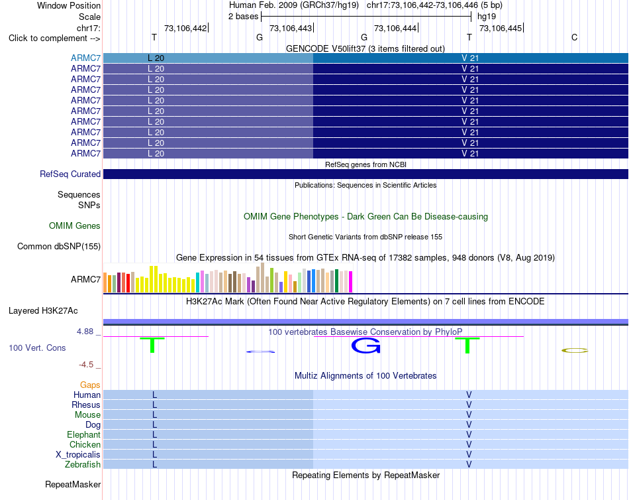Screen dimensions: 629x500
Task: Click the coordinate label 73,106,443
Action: click(x=291, y=28)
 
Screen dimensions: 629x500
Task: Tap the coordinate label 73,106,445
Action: click(x=501, y=28)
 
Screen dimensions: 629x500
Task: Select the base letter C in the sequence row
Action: click(x=575, y=37)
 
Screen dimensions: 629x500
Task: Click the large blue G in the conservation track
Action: click(x=366, y=345)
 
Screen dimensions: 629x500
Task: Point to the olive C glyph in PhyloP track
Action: click(x=575, y=351)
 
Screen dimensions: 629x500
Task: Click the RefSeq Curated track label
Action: click(x=70, y=174)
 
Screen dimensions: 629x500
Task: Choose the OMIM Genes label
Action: click(x=75, y=226)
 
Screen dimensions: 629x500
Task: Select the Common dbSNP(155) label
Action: click(x=59, y=247)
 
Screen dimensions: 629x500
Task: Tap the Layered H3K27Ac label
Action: click(x=43, y=311)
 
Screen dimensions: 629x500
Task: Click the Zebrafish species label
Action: click(x=83, y=465)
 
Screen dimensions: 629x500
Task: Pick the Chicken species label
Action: click(x=85, y=444)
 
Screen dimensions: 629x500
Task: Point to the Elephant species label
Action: click(x=84, y=435)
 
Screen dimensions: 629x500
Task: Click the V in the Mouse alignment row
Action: click(x=469, y=415)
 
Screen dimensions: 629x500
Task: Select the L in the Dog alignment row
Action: click(x=154, y=425)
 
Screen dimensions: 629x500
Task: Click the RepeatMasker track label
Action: click(x=73, y=485)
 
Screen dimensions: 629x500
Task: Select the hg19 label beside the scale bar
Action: click(x=487, y=17)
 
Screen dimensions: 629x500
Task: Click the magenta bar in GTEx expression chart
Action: click(x=350, y=282)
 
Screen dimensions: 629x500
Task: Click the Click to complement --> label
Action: click(x=54, y=38)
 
